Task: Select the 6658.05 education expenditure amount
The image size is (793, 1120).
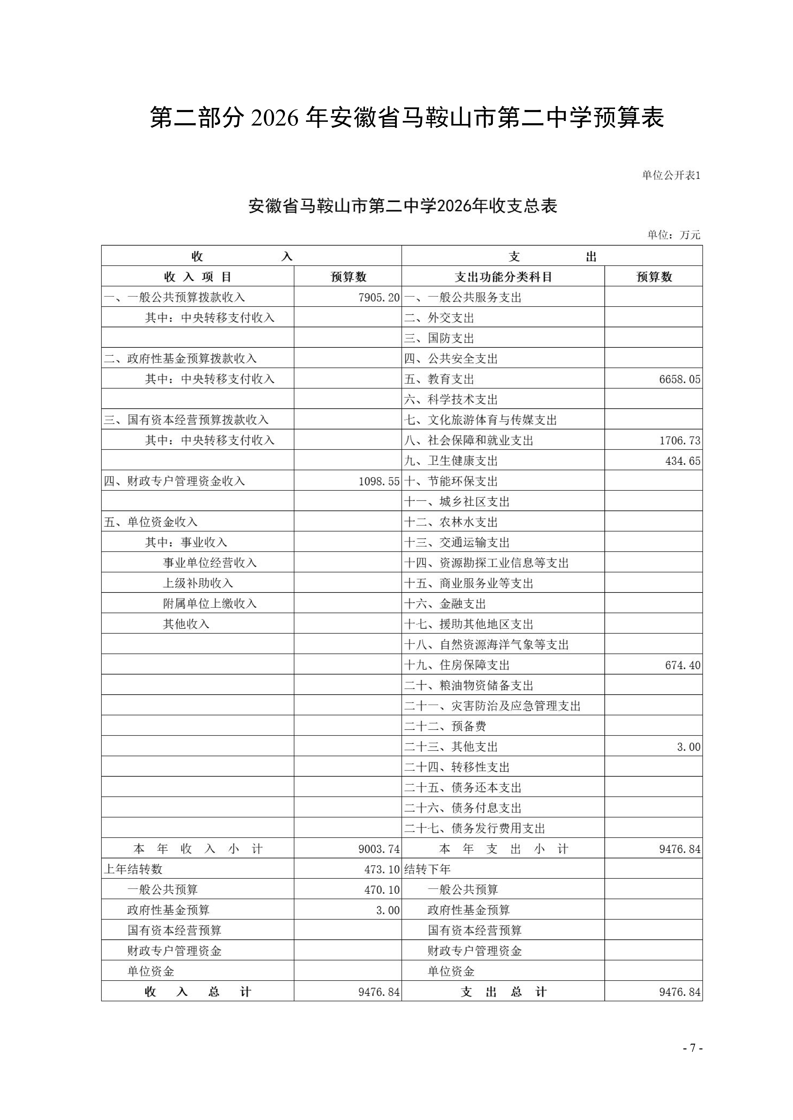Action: [679, 379]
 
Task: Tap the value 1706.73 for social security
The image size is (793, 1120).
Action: [679, 441]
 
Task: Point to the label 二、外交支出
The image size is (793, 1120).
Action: [439, 318]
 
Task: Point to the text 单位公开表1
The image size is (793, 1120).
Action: [670, 176]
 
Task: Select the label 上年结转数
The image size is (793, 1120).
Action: [133, 869]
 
